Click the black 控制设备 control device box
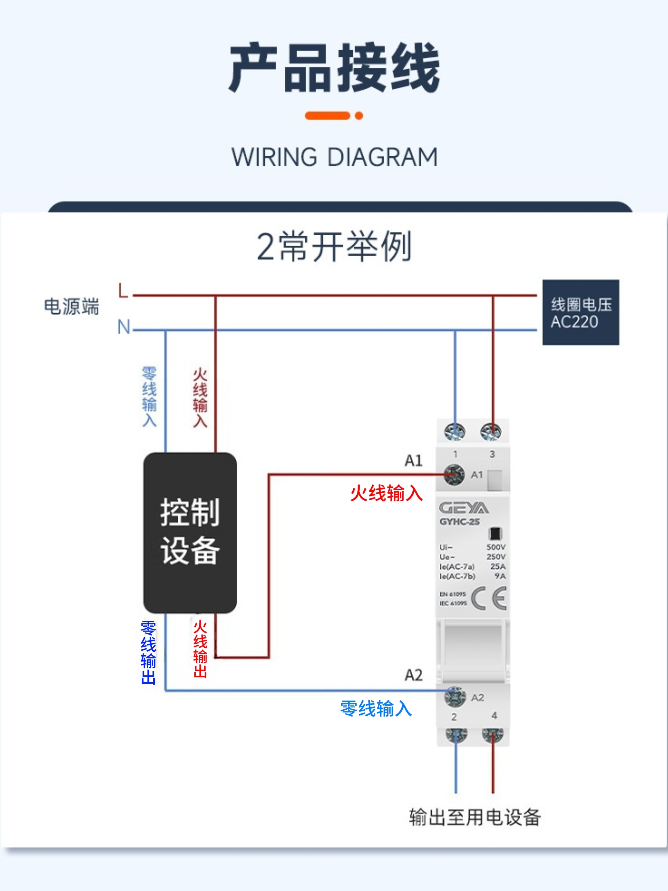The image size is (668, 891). (x=190, y=533)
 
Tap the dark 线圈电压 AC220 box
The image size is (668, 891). (x=581, y=312)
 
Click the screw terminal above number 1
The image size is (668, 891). (x=455, y=432)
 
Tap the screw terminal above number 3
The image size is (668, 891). (x=491, y=432)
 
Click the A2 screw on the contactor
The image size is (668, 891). (x=455, y=697)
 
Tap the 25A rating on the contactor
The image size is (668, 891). (x=498, y=566)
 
